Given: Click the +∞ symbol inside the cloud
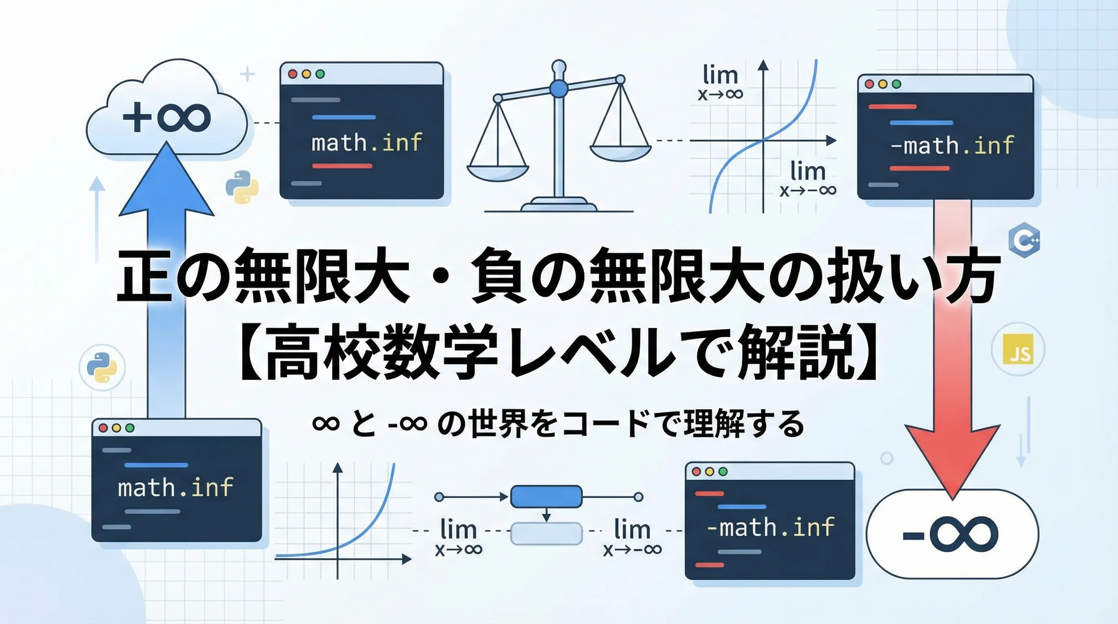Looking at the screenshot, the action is [167, 117].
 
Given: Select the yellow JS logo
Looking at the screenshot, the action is [1018, 350].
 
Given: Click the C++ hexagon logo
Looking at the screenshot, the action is [1025, 240].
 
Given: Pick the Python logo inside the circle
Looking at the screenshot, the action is [102, 367].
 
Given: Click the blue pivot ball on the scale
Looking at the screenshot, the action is [559, 89].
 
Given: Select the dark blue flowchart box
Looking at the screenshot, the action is [546, 497].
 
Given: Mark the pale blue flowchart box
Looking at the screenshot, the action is [546, 534].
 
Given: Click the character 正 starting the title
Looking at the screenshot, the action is [146, 275].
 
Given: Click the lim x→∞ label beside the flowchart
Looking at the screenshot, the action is [459, 536].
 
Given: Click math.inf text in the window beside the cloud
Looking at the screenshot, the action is [367, 142].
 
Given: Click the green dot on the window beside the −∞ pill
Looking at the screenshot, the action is [723, 472].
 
